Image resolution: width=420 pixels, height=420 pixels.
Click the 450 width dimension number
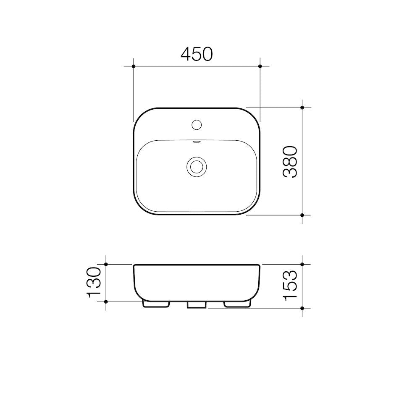(197, 54)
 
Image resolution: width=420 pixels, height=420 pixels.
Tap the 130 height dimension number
(94, 282)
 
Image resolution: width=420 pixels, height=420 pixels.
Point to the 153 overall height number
(290, 286)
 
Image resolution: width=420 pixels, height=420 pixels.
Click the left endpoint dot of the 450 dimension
(134, 66)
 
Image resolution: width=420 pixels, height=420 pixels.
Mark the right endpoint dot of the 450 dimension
(260, 66)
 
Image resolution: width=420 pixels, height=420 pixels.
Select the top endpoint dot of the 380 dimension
(302, 108)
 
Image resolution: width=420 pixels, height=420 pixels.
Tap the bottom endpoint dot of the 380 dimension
(302, 215)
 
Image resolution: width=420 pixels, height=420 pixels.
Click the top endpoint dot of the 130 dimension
(106, 264)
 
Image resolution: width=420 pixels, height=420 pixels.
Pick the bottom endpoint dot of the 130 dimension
(106, 301)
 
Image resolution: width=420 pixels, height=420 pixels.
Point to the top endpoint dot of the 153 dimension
(302, 264)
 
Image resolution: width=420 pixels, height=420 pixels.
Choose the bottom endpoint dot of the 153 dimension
(302, 308)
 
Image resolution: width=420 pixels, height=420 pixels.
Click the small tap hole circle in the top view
(197, 124)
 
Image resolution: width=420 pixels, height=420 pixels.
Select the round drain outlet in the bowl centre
(197, 166)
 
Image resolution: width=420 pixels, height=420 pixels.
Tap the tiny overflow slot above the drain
(197, 142)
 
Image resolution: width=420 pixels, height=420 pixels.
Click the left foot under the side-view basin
(156, 304)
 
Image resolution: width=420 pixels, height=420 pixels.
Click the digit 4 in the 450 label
(186, 54)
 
